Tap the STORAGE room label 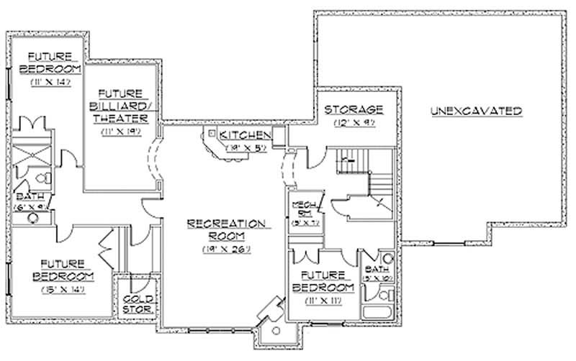[x=353, y=109]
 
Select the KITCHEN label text [x=245, y=135]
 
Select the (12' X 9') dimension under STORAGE [x=353, y=124]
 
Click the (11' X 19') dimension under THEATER [x=121, y=132]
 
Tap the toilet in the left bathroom [x=42, y=176]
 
